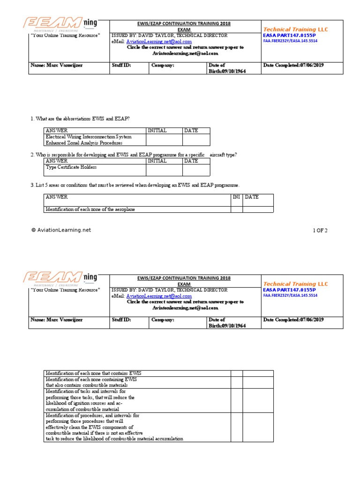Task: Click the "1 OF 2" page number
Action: coord(320,230)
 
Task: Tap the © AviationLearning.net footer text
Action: coord(61,230)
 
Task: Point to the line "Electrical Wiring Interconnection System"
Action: coord(89,137)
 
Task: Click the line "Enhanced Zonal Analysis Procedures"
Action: coord(84,142)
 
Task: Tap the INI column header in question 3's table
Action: coord(236,197)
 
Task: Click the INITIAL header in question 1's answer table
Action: coord(157,130)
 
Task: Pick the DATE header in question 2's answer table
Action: coord(191,161)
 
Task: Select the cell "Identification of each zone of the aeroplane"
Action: coord(90,210)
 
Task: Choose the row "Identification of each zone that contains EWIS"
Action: coord(93,373)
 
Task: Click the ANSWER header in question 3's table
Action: coord(57,197)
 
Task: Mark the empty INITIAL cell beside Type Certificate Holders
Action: coord(164,170)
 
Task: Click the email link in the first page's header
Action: coord(159,42)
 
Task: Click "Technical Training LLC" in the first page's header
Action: coord(296,30)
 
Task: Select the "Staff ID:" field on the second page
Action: coord(121,320)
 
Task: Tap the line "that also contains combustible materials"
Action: coord(86,385)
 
